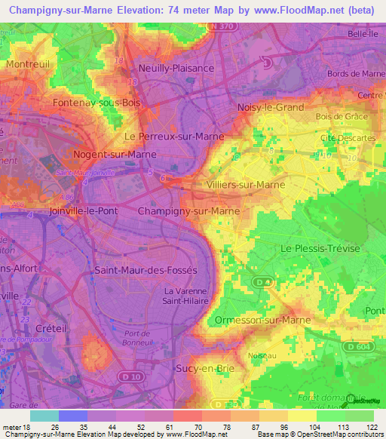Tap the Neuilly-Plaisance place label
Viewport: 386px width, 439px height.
click(x=176, y=67)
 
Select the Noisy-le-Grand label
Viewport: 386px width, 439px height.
click(x=270, y=108)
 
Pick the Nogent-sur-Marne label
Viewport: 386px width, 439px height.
click(x=115, y=154)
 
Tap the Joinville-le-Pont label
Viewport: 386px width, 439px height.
click(x=83, y=211)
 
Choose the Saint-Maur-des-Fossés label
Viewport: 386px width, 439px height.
click(x=145, y=270)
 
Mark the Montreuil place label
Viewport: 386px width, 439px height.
click(x=27, y=65)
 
